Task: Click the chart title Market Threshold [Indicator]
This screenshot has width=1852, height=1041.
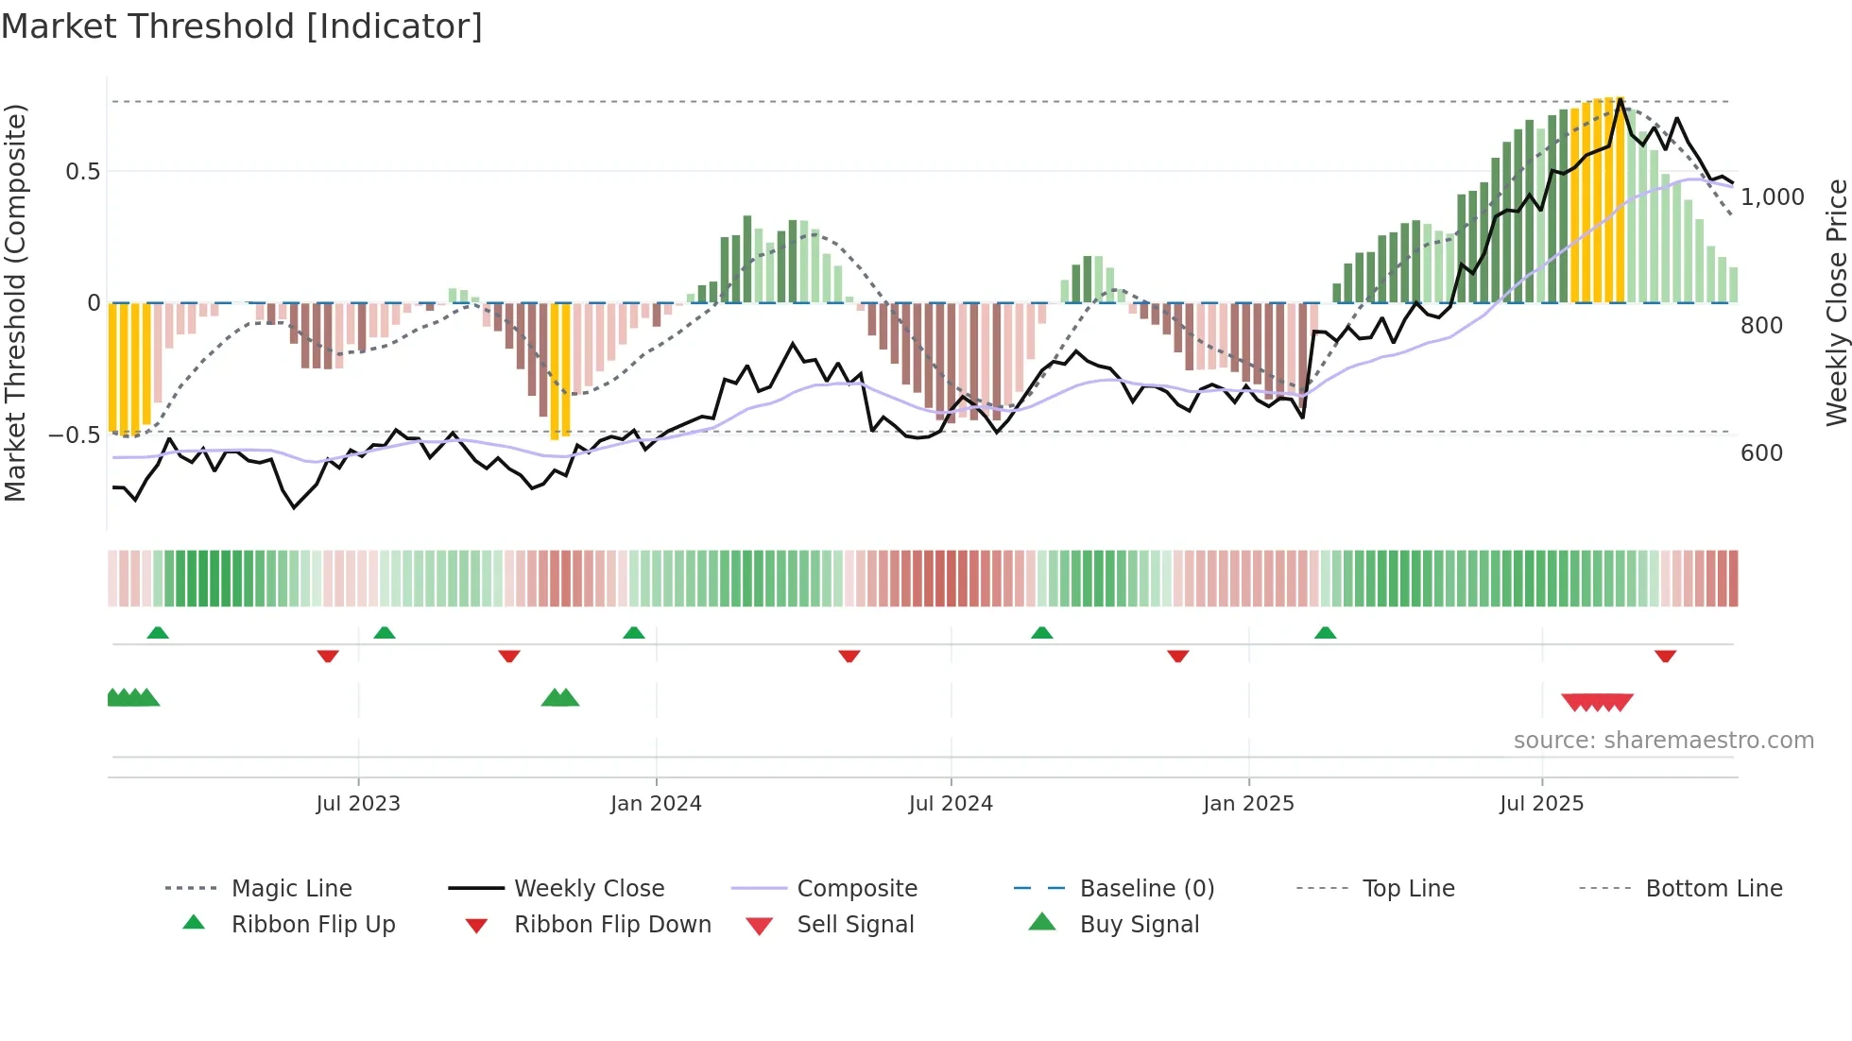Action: coord(242,26)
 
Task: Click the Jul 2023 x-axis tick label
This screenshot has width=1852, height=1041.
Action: coord(358,804)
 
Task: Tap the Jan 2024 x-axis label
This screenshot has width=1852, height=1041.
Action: coord(656,804)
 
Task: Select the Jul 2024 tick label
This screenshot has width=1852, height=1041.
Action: coord(951,804)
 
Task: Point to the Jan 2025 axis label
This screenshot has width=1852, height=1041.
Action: coord(1248,804)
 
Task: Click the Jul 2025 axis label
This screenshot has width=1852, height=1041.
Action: coord(1541,804)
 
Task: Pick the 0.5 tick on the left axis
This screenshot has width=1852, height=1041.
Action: coord(82,172)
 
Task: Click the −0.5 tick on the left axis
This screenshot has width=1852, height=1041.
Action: coord(74,435)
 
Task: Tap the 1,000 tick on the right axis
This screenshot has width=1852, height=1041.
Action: coord(1773,197)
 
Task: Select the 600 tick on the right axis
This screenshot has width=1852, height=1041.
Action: coord(1761,453)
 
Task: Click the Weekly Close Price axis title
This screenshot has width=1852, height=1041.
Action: coord(1836,302)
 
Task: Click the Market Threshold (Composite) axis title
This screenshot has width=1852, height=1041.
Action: coord(15,302)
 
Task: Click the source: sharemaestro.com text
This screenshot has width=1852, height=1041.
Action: coord(1663,741)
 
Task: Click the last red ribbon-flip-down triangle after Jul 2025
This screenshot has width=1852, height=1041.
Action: coord(1665,656)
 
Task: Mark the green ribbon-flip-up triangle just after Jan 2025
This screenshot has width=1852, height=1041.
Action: coord(1325,633)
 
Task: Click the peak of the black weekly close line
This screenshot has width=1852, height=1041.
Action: coord(1620,99)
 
